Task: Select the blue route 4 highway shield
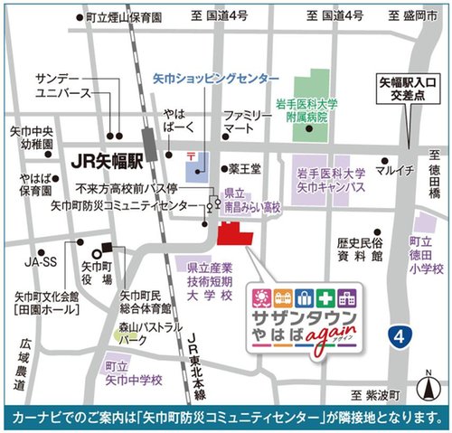pos(399,335)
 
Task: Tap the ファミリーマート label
pos(248,123)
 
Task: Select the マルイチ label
pos(396,170)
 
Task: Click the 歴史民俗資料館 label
pos(361,249)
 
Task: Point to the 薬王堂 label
pos(244,168)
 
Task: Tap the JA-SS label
pos(41,263)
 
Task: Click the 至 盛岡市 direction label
pos(415,15)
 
